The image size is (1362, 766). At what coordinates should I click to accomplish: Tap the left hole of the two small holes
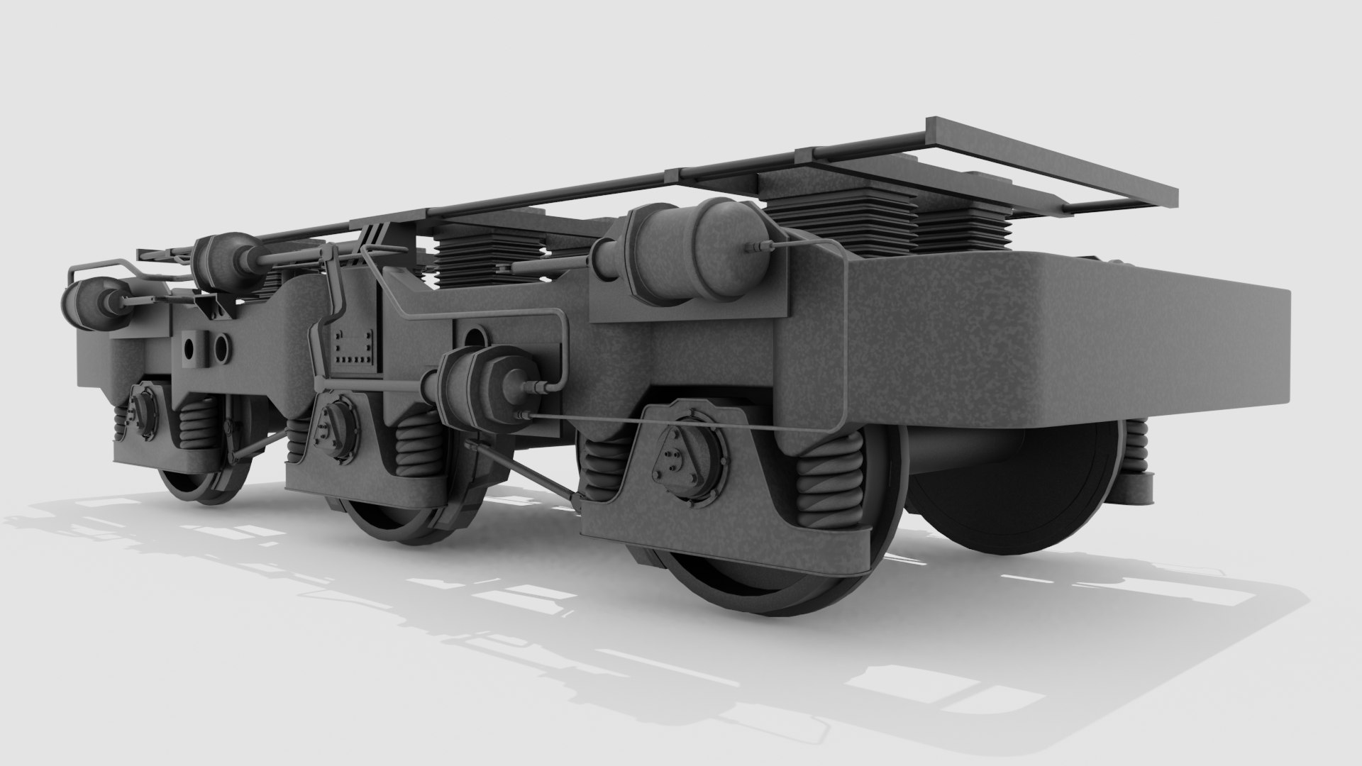pyautogui.click(x=189, y=348)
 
